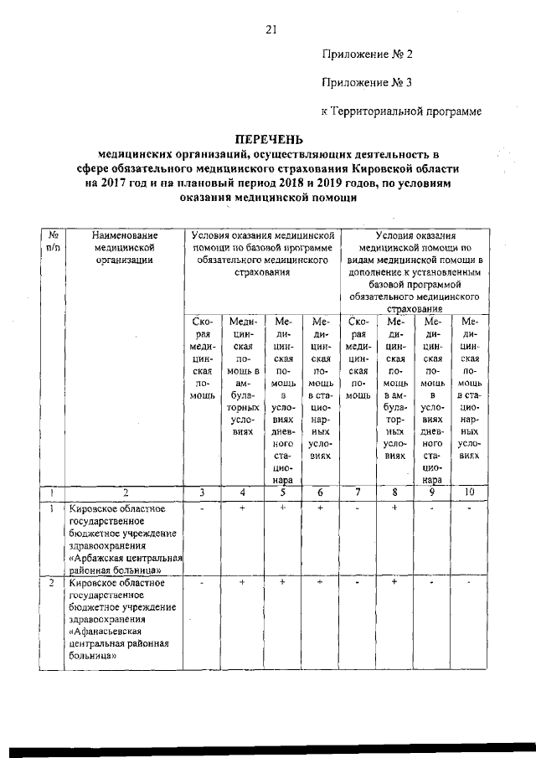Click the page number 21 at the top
pyautogui.click(x=271, y=30)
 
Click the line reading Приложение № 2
pyautogui.click(x=368, y=54)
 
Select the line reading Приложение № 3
pyautogui.click(x=368, y=82)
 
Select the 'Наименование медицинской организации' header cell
pyautogui.click(x=124, y=249)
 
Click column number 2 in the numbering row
pyautogui.click(x=124, y=492)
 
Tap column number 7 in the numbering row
pyautogui.click(x=358, y=492)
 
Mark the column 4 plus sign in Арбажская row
pyautogui.click(x=242, y=508)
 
